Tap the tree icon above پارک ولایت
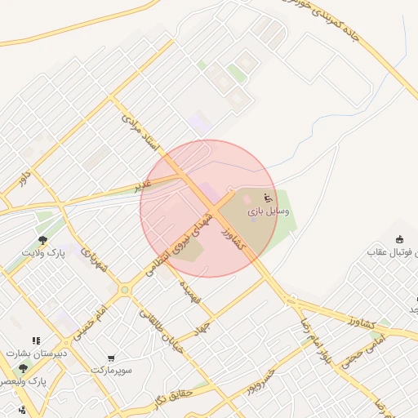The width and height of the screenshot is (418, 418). click(42, 240)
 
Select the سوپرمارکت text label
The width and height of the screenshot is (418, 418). click(111, 370)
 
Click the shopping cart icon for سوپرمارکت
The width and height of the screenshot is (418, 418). click(111, 358)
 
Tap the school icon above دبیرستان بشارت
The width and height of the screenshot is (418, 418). click(35, 340)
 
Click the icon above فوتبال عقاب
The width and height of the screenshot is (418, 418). click(399, 239)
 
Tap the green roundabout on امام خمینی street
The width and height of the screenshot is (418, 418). click(124, 290)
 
